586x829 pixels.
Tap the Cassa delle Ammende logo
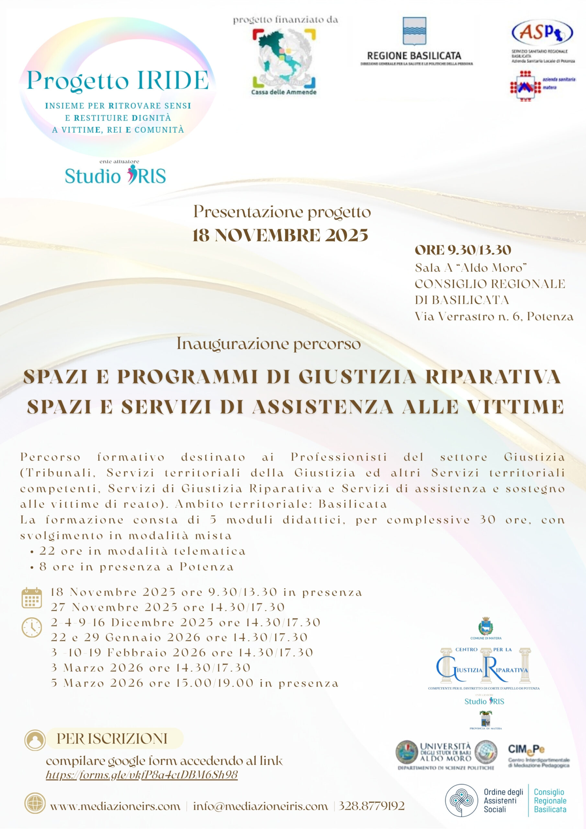click(284, 61)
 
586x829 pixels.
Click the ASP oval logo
click(542, 32)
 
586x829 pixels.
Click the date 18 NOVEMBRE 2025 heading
click(280, 235)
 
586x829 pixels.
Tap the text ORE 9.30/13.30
click(463, 250)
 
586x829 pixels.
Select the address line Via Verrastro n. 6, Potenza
click(494, 316)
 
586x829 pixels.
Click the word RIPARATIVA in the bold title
click(493, 377)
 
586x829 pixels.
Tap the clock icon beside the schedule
click(32, 627)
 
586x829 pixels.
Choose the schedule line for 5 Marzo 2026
click(195, 683)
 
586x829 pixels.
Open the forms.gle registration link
click(141, 775)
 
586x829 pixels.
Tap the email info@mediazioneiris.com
click(260, 806)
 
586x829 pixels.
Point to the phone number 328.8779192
click(371, 806)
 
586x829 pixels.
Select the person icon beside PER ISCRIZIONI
click(35, 740)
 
